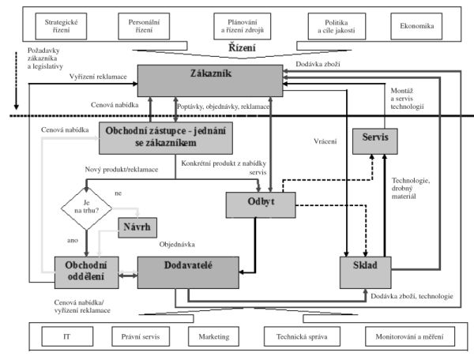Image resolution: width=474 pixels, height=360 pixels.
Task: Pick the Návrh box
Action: point(137,227)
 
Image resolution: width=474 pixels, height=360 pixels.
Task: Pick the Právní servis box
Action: point(141,336)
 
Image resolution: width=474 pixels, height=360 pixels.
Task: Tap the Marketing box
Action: point(214,336)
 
